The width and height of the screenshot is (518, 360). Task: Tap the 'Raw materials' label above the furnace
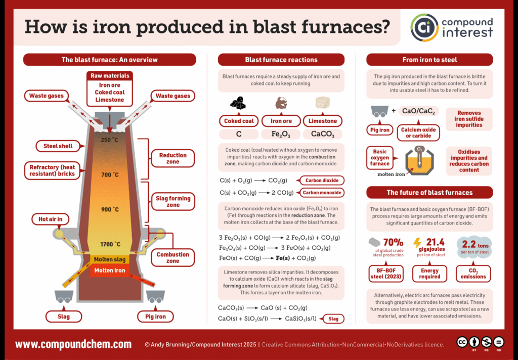(110, 76)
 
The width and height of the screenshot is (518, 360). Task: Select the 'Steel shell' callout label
(55, 146)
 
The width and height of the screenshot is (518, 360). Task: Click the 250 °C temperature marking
(109, 140)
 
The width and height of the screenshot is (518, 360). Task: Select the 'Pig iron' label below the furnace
(152, 317)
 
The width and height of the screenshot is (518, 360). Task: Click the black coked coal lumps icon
(238, 104)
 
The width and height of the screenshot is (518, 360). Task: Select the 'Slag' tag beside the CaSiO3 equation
(333, 319)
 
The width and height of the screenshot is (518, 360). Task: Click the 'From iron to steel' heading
(429, 60)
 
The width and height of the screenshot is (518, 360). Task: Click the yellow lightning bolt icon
(418, 243)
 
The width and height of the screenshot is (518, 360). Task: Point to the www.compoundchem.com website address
(73, 345)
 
